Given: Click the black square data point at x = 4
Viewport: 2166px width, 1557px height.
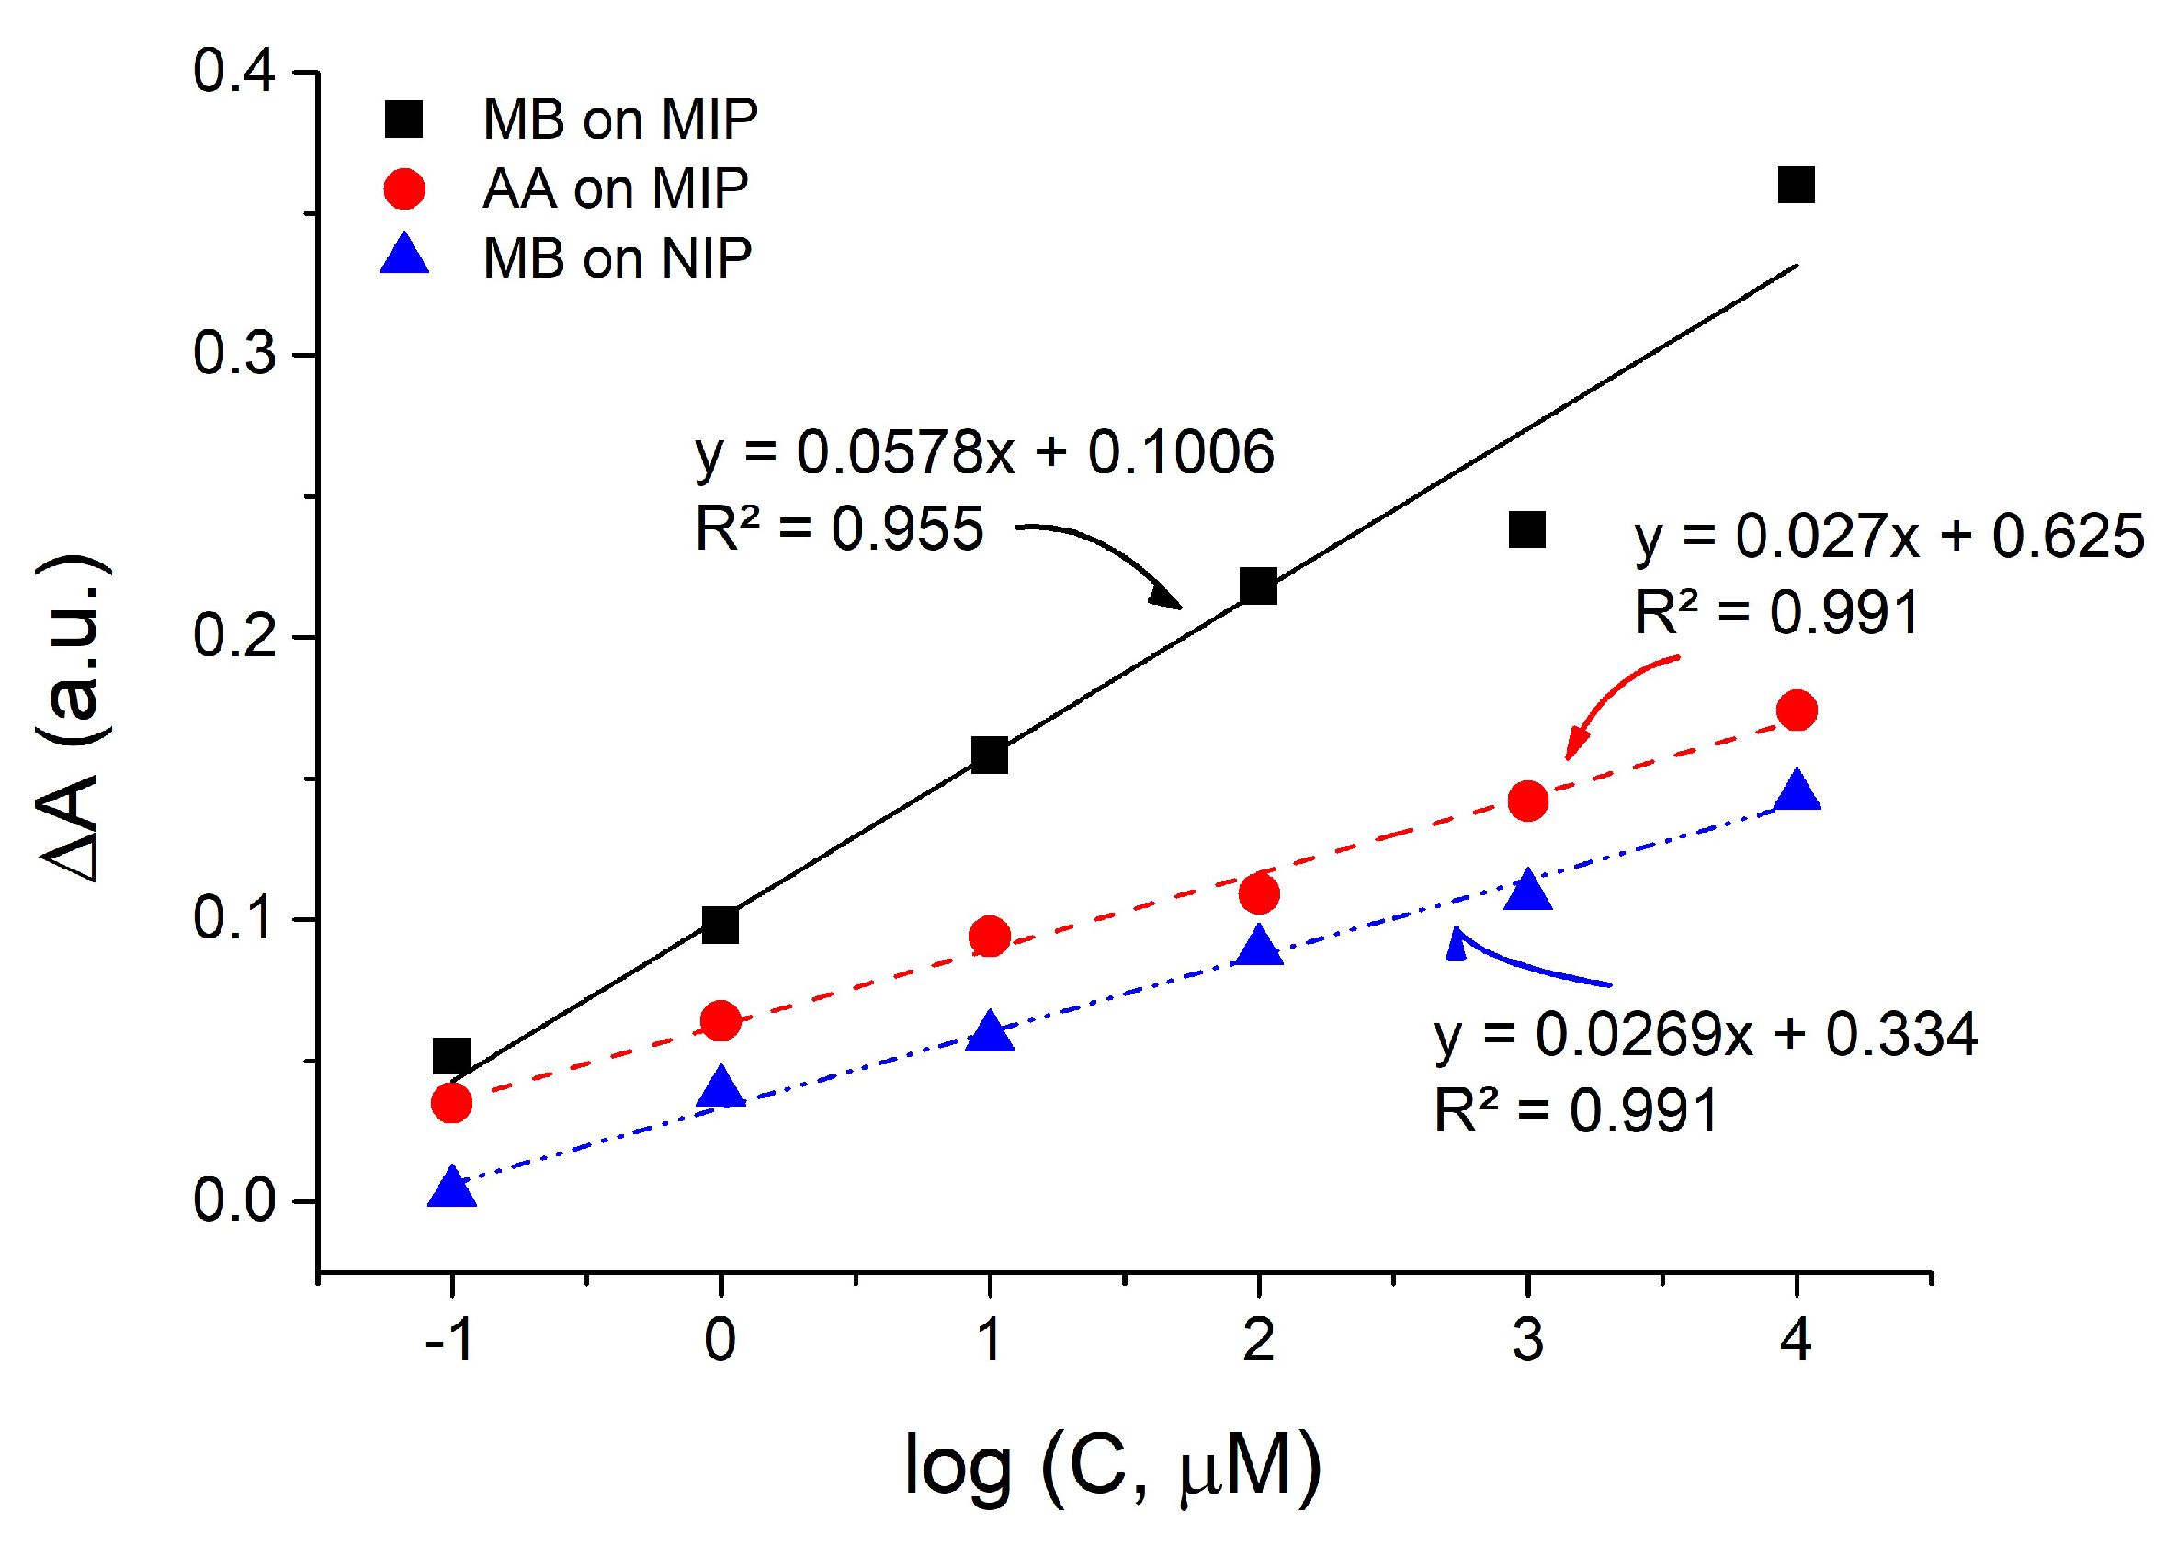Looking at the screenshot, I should (x=1796, y=185).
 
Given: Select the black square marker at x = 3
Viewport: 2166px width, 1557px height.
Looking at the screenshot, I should (x=1526, y=529).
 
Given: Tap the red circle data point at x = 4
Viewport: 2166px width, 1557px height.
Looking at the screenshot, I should (x=1797, y=710).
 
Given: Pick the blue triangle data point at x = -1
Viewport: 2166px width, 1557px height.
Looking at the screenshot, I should (x=452, y=1188).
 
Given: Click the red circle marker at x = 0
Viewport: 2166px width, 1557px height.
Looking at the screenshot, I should (x=720, y=1022).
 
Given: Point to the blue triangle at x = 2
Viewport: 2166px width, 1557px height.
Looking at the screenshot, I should (x=1259, y=946).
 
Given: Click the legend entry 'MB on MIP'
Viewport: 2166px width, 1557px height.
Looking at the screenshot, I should (x=619, y=120).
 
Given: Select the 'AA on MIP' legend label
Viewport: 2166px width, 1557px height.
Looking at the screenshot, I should (x=615, y=189).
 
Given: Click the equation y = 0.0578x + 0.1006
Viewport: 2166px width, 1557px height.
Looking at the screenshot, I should (x=983, y=453).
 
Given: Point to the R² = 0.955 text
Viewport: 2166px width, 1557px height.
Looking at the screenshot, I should (x=838, y=529).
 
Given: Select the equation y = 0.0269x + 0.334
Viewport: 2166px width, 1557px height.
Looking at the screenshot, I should (x=1705, y=1035).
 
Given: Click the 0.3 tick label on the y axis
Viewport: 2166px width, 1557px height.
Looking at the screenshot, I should (x=234, y=355).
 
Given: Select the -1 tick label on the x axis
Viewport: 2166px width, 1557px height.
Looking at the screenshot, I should (x=448, y=1340).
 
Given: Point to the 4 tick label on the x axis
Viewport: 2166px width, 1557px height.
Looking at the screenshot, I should (x=1796, y=1340).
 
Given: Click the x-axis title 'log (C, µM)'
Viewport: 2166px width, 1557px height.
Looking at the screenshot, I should (x=1113, y=1466).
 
